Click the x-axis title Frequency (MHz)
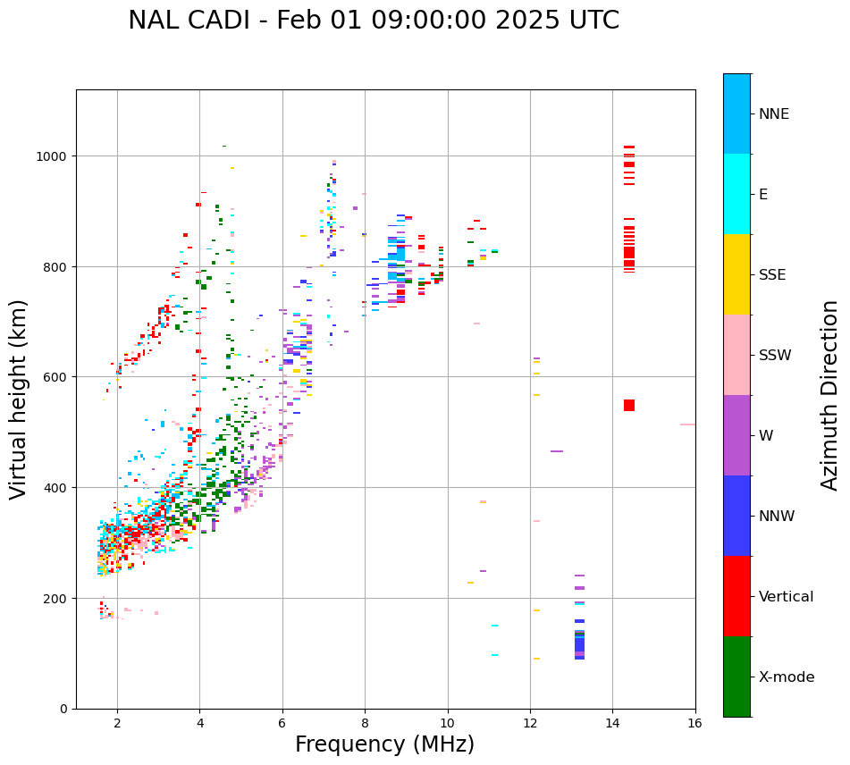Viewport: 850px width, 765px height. coord(384,744)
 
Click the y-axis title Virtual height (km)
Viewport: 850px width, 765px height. coord(19,399)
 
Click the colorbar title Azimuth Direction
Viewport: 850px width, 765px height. coord(830,395)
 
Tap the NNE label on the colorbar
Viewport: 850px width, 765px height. coord(774,114)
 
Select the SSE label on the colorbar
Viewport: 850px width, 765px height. coord(772,275)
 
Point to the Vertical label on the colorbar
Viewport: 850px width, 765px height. coord(786,597)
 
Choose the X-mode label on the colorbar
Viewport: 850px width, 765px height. coord(787,677)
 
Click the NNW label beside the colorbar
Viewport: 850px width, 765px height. coord(777,517)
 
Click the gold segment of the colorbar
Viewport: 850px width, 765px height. coord(736,274)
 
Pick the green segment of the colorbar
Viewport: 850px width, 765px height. coord(736,677)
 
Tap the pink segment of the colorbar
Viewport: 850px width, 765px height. coord(736,355)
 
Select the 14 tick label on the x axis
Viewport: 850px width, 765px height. coord(612,724)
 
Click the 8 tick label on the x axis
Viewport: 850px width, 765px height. coord(365,724)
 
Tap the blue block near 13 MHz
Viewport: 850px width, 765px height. coord(579,645)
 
